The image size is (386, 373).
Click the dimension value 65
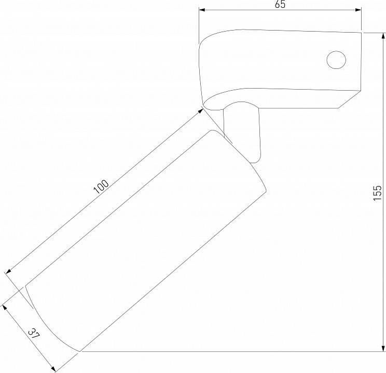coord(280,5)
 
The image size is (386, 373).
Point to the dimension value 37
coord(33,334)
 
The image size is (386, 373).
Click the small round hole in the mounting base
coord(336,60)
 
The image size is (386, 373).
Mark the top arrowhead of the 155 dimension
coord(383,36)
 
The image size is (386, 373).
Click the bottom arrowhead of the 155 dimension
coord(383,348)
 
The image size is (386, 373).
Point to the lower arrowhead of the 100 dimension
coord(7,271)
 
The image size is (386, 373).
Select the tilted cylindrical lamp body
coord(150,238)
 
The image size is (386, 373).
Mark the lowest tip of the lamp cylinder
coord(80,351)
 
